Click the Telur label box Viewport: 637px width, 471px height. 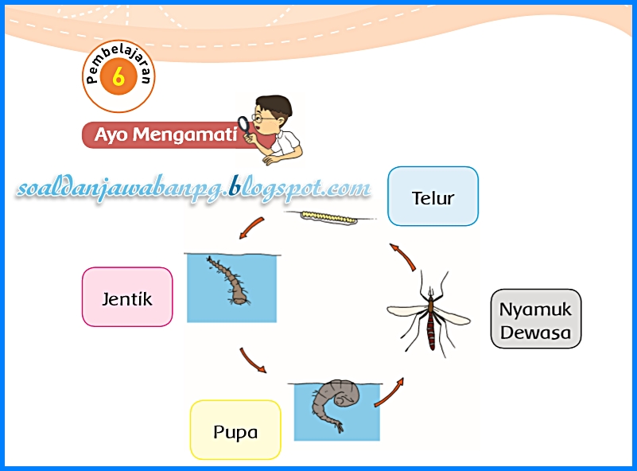pos(433,197)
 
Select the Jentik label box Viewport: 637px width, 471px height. pos(127,298)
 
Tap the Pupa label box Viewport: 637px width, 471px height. pos(235,430)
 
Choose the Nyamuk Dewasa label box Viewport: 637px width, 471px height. pos(535,319)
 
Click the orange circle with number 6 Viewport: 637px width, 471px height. pos(118,78)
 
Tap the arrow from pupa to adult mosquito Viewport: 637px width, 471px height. pos(389,392)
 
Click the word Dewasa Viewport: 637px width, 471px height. pos(536,333)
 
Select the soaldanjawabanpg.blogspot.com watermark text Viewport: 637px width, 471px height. pos(194,188)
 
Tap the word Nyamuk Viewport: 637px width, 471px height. pos(536,309)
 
